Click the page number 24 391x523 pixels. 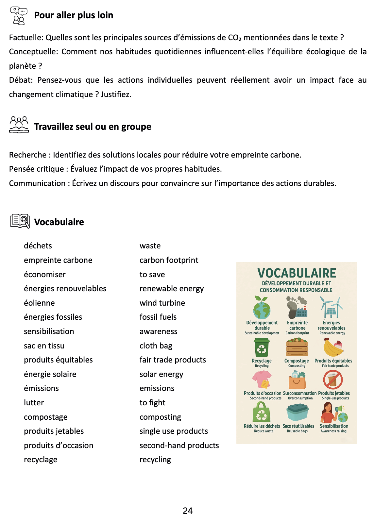click(188, 511)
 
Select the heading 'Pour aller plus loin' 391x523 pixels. click(74, 15)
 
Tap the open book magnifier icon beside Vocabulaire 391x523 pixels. click(20, 221)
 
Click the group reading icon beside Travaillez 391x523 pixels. click(19, 125)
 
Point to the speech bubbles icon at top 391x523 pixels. click(19, 15)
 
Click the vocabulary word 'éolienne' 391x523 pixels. click(39, 303)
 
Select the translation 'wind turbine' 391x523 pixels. click(162, 303)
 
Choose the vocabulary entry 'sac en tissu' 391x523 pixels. click(44, 346)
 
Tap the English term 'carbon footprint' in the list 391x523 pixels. click(169, 260)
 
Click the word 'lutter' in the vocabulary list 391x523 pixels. click(34, 403)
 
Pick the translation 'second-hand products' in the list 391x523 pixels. click(179, 446)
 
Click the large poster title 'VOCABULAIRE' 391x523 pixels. click(297, 273)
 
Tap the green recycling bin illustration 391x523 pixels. click(262, 347)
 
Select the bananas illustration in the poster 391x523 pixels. click(333, 347)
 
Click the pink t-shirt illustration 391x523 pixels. click(262, 380)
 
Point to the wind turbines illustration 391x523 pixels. click(331, 307)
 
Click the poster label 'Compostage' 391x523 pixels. click(297, 361)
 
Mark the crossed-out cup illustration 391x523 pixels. click(333, 380)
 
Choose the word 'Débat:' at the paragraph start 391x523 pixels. click(21, 80)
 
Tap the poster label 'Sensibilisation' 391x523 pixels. click(334, 426)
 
